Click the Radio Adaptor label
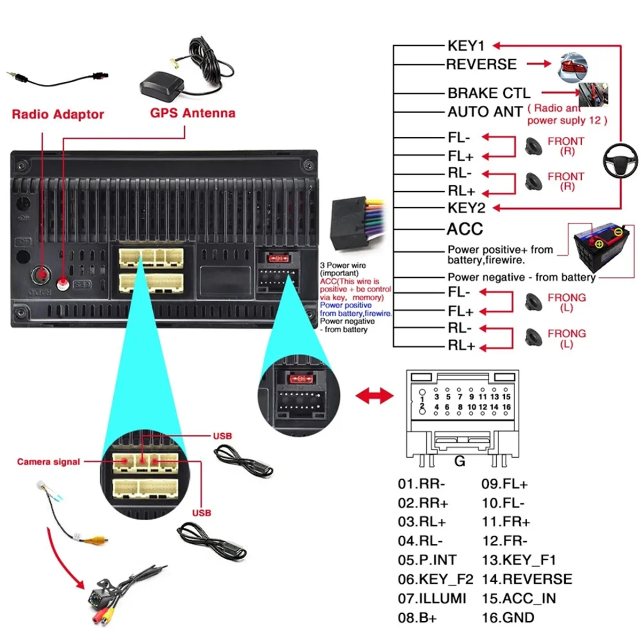point(58,114)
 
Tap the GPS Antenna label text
point(192,113)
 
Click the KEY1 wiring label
point(466,46)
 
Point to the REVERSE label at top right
point(481,65)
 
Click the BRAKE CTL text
point(489,93)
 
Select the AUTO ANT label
point(485,112)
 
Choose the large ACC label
point(465,229)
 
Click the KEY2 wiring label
point(466,208)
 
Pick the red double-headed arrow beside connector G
point(374,396)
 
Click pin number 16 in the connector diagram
point(506,407)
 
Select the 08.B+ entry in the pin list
point(417,618)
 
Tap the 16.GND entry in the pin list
point(507,618)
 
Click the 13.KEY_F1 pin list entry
point(519,560)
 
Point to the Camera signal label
point(49,462)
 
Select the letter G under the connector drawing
point(459,461)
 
